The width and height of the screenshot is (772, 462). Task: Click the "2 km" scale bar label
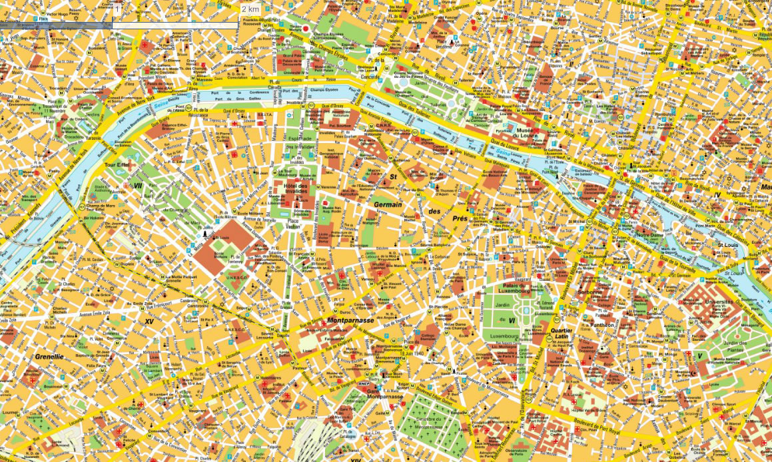[x=250, y=9]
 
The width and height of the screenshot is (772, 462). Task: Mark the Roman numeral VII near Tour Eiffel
[x=139, y=186]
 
